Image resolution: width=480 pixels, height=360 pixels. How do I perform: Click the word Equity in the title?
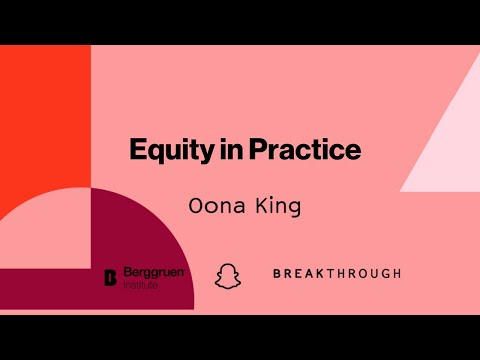pyautogui.click(x=164, y=152)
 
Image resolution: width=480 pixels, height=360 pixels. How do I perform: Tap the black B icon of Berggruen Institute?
pyautogui.click(x=111, y=277)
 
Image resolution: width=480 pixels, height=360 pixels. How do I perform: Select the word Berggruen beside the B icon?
pyautogui.click(x=153, y=271)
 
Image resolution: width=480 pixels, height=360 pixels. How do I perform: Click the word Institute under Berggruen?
pyautogui.click(x=144, y=284)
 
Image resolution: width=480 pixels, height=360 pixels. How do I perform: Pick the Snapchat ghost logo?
pyautogui.click(x=228, y=274)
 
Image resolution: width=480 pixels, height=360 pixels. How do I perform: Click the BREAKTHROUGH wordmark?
pyautogui.click(x=337, y=273)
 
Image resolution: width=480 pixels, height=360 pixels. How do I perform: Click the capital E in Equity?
pyautogui.click(x=138, y=151)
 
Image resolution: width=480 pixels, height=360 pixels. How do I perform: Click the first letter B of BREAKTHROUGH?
pyautogui.click(x=277, y=273)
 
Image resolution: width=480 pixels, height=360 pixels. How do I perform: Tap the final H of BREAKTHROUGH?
pyautogui.click(x=397, y=273)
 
